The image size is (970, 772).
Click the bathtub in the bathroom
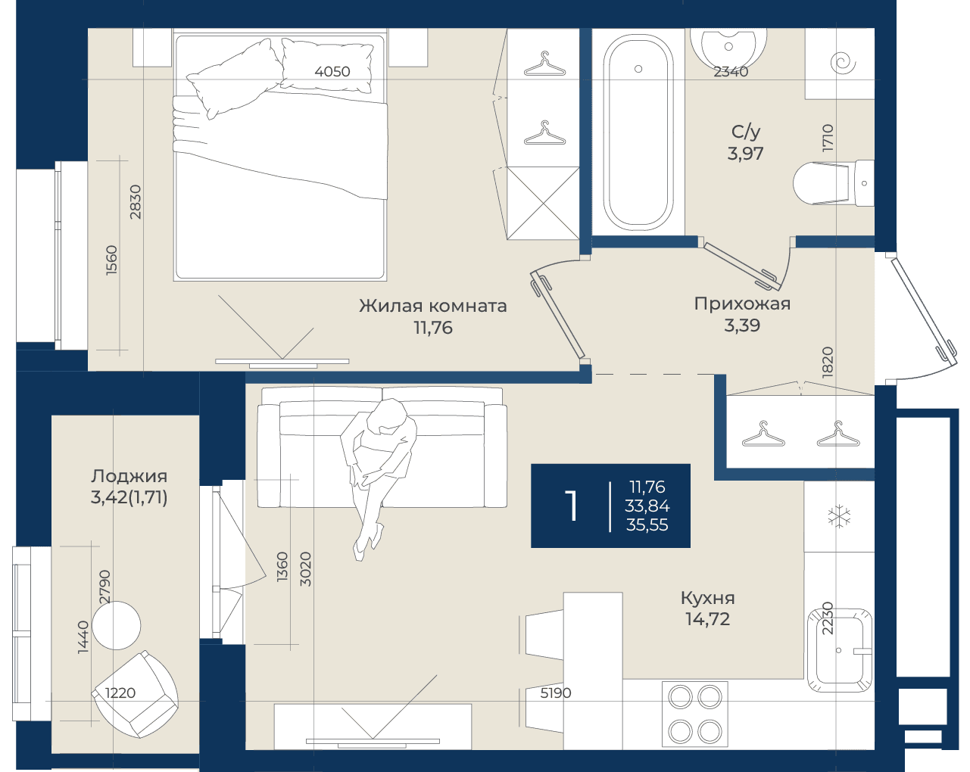638,131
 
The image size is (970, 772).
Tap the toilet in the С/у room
834,183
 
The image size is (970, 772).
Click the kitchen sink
839,650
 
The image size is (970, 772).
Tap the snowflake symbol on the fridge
839,516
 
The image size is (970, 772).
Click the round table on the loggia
117,625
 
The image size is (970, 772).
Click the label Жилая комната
432,306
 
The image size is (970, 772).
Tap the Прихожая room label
742,304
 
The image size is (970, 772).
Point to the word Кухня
707,598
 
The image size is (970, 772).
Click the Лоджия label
129,476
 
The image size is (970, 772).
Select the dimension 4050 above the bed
332,71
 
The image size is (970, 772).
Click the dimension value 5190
555,693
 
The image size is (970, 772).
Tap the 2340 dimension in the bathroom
731,71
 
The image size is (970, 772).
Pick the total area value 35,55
647,525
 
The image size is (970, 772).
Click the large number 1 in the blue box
571,506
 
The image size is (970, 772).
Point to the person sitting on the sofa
378,478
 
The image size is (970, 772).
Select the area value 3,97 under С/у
745,154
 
